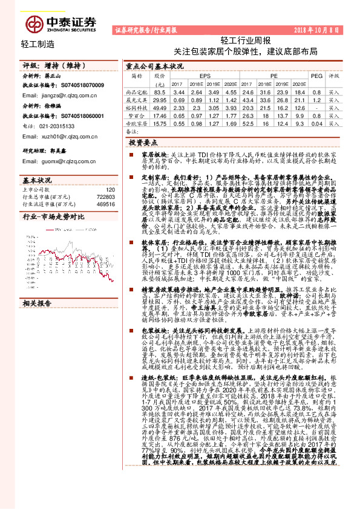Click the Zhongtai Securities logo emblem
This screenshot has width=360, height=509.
click(x=34, y=23)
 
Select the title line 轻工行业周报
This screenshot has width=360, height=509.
click(x=246, y=41)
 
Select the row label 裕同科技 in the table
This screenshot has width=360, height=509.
click(x=137, y=106)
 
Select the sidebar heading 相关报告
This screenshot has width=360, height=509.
click(x=37, y=303)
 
